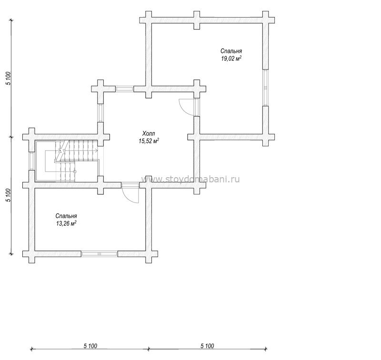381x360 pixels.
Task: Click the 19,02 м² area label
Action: click(231, 59)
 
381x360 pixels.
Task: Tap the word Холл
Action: click(149, 133)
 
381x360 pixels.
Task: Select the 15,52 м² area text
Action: click(149, 141)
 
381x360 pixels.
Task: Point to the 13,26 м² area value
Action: click(66, 223)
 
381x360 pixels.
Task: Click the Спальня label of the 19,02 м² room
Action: click(231, 51)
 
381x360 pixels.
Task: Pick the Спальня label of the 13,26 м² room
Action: click(66, 216)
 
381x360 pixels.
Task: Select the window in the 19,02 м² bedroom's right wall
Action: click(266, 88)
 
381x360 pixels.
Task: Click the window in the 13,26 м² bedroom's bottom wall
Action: click(99, 254)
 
